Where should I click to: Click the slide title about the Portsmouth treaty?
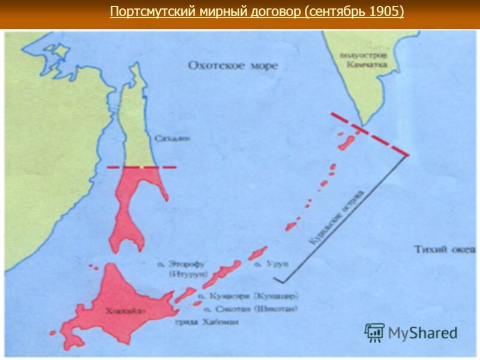point(257,12)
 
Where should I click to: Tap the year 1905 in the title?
point(388,12)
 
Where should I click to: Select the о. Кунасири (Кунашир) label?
point(247,296)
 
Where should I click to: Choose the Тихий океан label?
point(445,248)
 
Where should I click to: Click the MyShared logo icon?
point(374,332)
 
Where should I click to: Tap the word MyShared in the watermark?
point(422,332)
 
